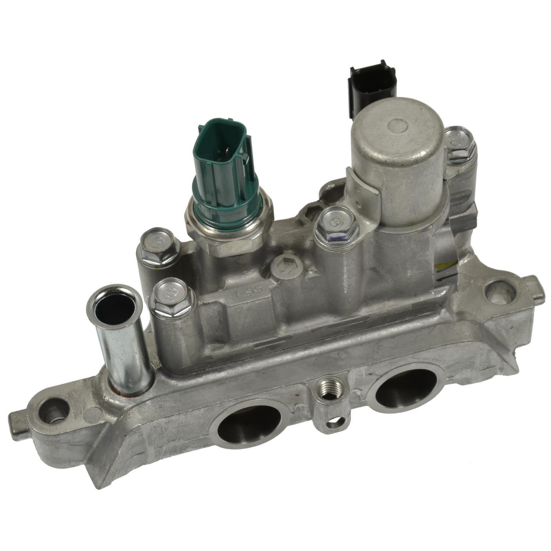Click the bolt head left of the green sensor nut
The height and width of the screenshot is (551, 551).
(159, 246)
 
